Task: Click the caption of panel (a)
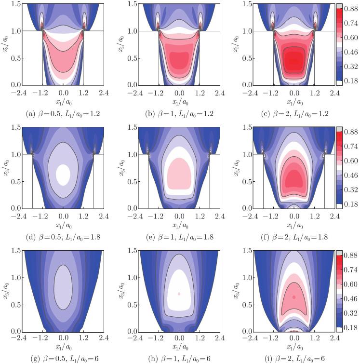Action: click(63, 114)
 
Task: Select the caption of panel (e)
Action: click(180, 237)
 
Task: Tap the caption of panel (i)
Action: click(294, 358)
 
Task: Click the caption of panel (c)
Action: click(295, 114)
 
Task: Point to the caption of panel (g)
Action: click(65, 358)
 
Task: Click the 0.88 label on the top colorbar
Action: click(351, 10)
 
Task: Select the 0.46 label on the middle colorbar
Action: click(351, 175)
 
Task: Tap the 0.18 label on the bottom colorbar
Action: click(351, 327)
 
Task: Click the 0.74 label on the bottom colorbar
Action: click(351, 270)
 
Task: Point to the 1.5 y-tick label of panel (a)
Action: click(16, 4)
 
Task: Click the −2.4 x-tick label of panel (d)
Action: click(19, 216)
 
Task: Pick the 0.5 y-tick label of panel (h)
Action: click(132, 305)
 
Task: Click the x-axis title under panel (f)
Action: click(295, 226)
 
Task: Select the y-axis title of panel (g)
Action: click(6, 291)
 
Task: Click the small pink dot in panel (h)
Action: click(179, 294)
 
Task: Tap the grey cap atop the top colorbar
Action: click(339, 6)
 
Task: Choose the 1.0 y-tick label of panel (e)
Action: click(132, 154)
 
